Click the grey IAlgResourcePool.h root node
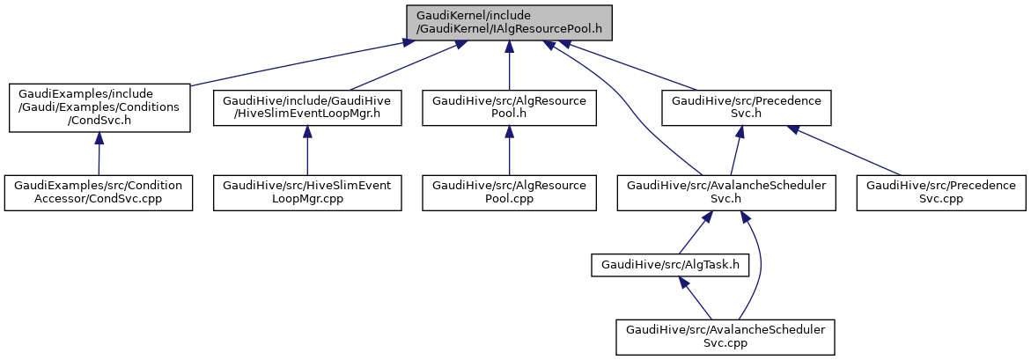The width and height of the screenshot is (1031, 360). click(509, 21)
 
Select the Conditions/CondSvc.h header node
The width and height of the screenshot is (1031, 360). click(99, 107)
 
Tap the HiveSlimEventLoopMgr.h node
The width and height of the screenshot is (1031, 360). click(306, 107)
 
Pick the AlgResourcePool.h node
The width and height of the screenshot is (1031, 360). click(509, 107)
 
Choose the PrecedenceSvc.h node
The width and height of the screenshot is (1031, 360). click(747, 107)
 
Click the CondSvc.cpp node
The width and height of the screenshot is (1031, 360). click(99, 193)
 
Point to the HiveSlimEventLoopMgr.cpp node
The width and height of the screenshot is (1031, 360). click(306, 193)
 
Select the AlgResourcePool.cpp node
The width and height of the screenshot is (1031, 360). click(509, 193)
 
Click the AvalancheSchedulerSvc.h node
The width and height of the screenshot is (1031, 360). click(725, 193)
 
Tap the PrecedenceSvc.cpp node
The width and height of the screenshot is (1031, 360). click(941, 193)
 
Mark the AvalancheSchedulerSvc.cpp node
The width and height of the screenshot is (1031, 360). click(725, 336)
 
